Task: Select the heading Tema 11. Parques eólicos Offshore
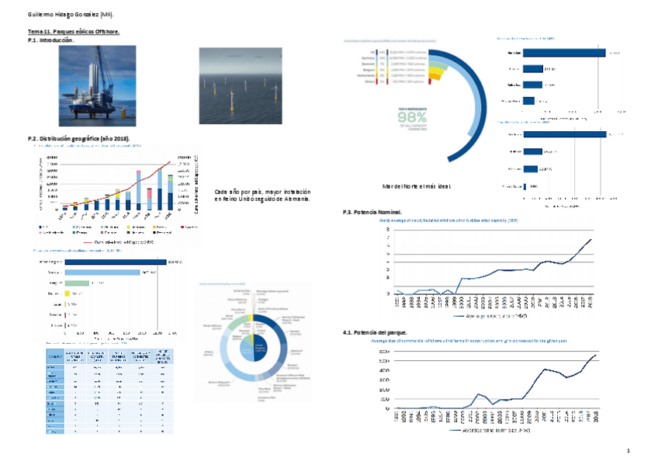click(74, 32)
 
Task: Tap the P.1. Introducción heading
click(51, 39)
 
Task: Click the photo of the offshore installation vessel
click(98, 85)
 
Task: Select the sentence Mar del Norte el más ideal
click(416, 186)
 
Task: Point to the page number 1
click(629, 451)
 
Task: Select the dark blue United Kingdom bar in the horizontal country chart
click(116, 262)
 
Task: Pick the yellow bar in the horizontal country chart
click(68, 294)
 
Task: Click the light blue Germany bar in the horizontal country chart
click(102, 272)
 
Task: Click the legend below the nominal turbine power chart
click(490, 316)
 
